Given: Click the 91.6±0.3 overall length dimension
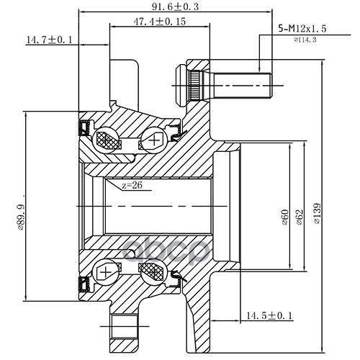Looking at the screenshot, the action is pos(175,6).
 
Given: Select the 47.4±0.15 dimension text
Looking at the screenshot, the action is pos(159,22).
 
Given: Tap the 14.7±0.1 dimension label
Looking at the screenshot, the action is pos(49,40).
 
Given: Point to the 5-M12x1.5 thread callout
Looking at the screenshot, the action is pos(302,29).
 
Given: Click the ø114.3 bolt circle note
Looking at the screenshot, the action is pos(305,40).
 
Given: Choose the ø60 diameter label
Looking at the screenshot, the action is pos(285,217).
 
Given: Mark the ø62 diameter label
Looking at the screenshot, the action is pos(300,217).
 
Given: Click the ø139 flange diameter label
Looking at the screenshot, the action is pos(317,214).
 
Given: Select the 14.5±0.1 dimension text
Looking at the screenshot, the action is pos(270,316).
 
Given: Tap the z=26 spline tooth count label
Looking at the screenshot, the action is pos(132,185).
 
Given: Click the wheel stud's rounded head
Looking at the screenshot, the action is pos(181,85).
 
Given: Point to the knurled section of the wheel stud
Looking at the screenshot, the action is pos(194,85).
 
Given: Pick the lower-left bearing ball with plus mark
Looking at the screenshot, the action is pos(106,272).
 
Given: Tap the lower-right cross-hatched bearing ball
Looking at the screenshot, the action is pos(153,272).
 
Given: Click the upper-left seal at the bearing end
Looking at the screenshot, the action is pos(84,127).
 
